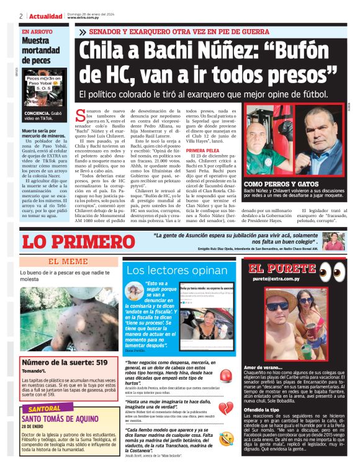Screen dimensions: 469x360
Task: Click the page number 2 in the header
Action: coord(21,16)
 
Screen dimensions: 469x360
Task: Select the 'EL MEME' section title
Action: coord(68,261)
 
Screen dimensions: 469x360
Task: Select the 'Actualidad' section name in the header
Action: coord(45,16)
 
